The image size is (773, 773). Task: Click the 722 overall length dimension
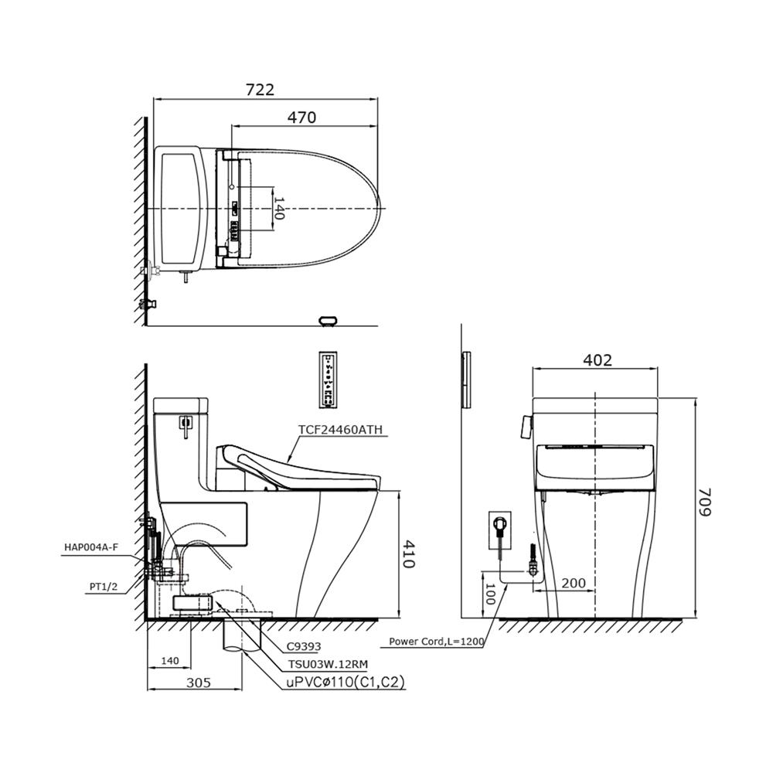coord(260,90)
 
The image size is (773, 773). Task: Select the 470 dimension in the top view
coord(301,117)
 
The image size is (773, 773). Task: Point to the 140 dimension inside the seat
coord(279,209)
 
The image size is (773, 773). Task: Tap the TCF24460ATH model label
coord(340,430)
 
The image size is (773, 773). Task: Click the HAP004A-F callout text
coord(91,547)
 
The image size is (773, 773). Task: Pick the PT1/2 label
coord(104,586)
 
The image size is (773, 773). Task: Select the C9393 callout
coord(304,646)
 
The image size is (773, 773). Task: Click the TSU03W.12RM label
coord(328,665)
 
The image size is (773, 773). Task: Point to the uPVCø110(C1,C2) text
coord(346,683)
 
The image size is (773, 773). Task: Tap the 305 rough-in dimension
coord(199,683)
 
